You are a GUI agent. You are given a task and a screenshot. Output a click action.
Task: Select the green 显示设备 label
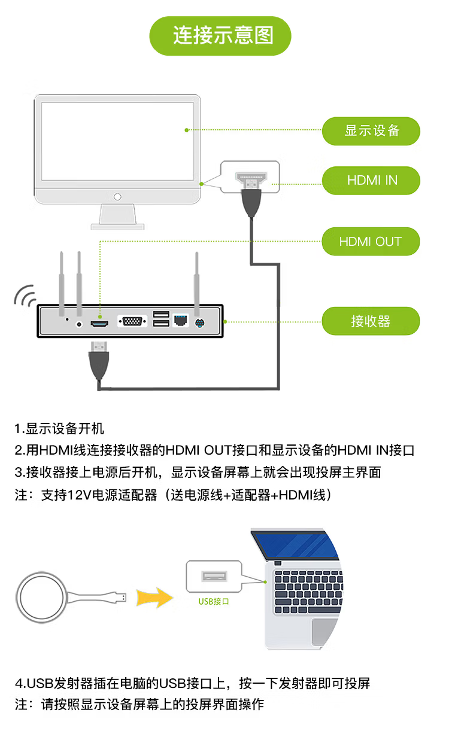tap(371, 131)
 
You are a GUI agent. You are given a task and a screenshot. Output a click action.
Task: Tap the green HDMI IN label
tap(371, 181)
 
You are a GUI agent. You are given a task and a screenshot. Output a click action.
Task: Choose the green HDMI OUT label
tap(371, 242)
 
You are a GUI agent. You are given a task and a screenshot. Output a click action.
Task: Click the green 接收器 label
tap(371, 321)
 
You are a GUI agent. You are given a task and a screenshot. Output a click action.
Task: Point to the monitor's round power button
tap(118, 196)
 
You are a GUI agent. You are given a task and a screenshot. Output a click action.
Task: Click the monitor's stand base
tap(118, 226)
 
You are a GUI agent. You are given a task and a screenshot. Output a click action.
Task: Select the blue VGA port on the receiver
tap(132, 322)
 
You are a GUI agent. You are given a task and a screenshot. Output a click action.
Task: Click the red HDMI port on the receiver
tap(99, 323)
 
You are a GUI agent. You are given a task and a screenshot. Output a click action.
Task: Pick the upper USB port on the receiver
tap(160, 315)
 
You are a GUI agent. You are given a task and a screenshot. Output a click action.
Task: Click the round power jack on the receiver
tap(80, 324)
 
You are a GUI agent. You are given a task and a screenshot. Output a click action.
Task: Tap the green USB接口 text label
tap(214, 601)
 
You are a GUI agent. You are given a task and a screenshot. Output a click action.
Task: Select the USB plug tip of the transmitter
tap(122, 596)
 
